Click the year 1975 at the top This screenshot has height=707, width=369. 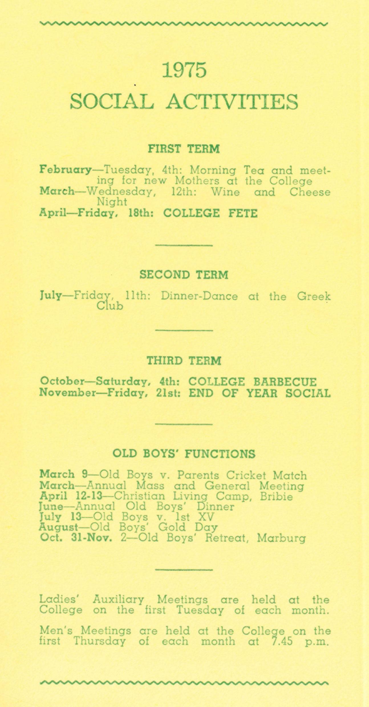click(x=184, y=70)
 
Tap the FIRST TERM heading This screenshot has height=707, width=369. click(x=184, y=149)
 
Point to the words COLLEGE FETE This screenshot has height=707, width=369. click(x=210, y=213)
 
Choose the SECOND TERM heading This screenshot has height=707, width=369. click(x=184, y=275)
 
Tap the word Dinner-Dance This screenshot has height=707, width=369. click(x=199, y=296)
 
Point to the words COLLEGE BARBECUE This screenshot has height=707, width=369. click(x=252, y=382)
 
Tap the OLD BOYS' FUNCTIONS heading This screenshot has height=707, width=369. click(x=184, y=454)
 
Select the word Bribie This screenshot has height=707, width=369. click(x=276, y=497)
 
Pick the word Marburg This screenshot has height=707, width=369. click(x=281, y=539)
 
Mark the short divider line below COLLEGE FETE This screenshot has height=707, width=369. click(x=184, y=245)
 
